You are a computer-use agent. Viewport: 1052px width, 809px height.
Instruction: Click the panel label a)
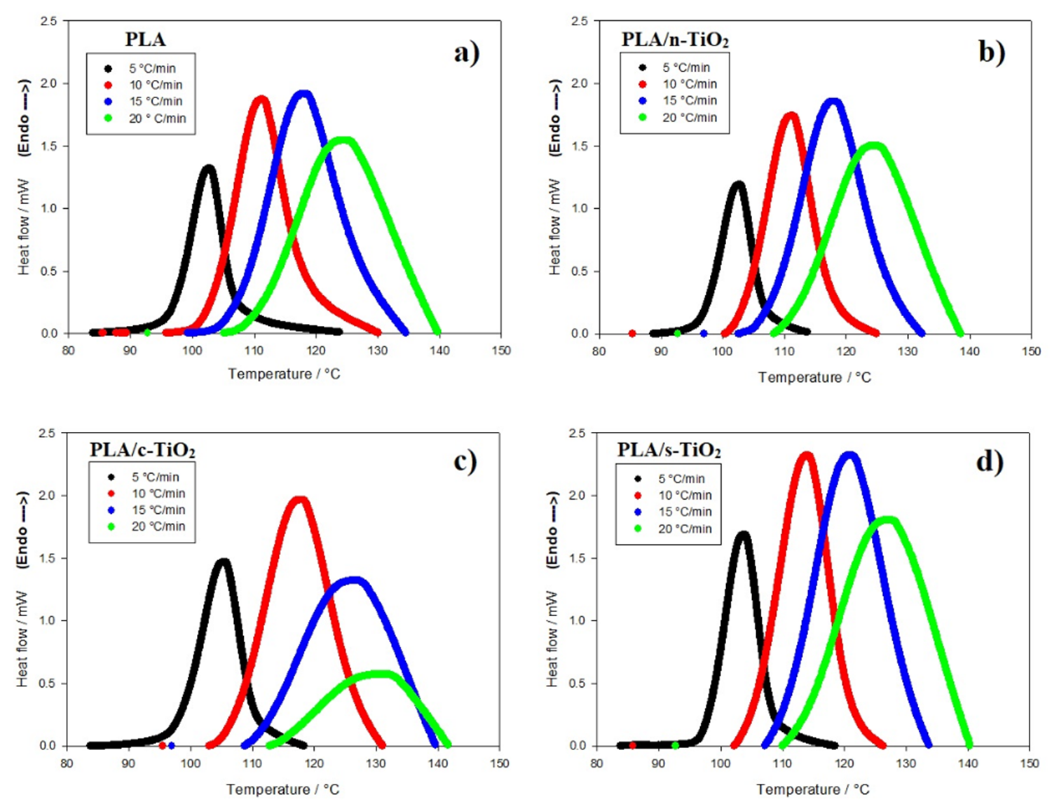(x=466, y=53)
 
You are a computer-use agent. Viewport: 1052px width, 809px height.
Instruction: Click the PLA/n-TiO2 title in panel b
(x=674, y=40)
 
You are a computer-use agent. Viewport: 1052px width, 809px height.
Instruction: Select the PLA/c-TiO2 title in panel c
(x=142, y=449)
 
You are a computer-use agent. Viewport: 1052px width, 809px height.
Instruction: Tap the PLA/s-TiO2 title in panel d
(x=669, y=449)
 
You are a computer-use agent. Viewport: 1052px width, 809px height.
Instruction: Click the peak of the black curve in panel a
(x=208, y=168)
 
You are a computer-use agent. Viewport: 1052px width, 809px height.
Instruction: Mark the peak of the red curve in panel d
(x=806, y=456)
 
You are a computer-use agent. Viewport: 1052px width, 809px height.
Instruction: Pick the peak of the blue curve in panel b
(x=833, y=102)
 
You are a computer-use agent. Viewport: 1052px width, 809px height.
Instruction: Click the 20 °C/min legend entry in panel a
(x=156, y=118)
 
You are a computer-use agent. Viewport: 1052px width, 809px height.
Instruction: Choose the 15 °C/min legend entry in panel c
(x=158, y=510)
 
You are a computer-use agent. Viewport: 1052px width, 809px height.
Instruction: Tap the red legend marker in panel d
(x=638, y=495)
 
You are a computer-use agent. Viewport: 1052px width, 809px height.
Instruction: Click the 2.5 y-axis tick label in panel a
(x=49, y=21)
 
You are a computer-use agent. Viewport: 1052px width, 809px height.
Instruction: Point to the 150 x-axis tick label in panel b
(x=1031, y=351)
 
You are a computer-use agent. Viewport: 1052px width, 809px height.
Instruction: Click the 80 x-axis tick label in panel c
(x=67, y=763)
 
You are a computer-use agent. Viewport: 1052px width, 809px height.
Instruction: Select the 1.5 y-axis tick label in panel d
(x=577, y=558)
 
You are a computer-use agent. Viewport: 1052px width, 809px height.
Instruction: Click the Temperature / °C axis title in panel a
(x=284, y=374)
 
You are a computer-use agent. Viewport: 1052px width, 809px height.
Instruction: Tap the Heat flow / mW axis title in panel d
(x=554, y=639)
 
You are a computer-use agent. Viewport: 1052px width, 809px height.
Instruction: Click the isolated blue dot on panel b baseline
(x=704, y=334)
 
